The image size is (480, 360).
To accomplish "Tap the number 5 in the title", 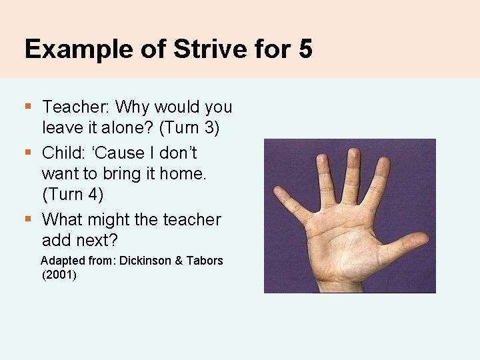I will click(305, 49).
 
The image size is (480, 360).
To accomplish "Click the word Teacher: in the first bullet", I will click(75, 107).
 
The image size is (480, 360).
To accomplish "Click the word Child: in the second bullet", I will click(62, 153).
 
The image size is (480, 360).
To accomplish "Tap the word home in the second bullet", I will click(182, 173).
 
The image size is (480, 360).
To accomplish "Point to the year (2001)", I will click(59, 274).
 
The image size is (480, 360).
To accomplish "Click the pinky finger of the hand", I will click(287, 201).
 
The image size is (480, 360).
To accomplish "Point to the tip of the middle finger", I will click(353, 157).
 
